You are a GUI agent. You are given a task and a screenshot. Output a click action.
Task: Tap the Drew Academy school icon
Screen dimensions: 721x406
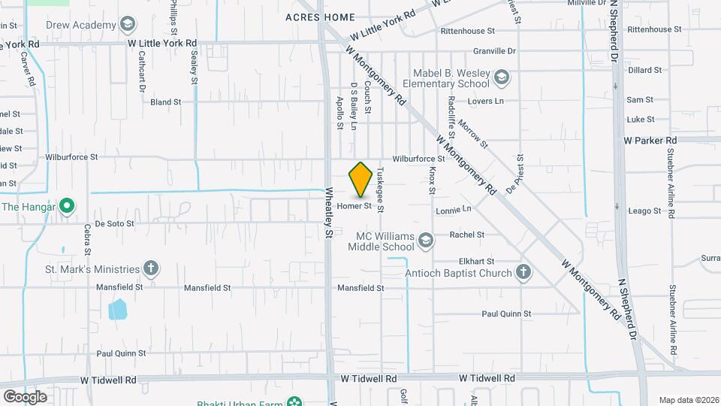coord(128,25)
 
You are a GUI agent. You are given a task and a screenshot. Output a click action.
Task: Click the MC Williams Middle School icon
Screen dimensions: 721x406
coord(426,241)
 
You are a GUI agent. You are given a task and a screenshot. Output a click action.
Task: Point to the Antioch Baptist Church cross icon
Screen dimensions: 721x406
coord(523,272)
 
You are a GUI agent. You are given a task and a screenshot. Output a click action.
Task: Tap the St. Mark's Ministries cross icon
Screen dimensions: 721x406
coord(151,268)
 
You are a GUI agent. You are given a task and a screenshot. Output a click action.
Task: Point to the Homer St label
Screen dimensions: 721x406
coord(355,206)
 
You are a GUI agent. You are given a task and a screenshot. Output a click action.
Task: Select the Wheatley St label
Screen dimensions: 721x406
coord(329,214)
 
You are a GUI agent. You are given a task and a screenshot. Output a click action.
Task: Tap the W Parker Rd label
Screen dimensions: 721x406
coord(650,140)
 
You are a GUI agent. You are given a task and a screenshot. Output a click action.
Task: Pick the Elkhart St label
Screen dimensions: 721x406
coord(475,260)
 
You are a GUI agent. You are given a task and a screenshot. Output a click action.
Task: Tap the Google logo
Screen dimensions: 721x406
coord(25,396)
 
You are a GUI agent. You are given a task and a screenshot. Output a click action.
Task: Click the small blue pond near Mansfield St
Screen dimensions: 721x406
coord(117,309)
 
